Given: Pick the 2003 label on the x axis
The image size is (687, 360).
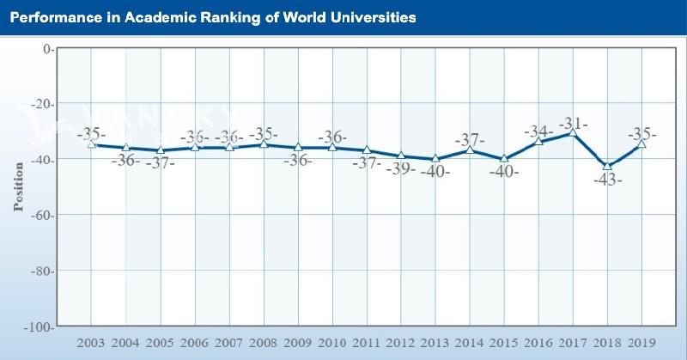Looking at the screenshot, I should click(91, 343).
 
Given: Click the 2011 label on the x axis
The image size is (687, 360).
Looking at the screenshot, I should click(367, 343).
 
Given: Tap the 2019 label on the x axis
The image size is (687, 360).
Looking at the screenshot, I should click(641, 343).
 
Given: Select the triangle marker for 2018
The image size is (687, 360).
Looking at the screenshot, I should click(607, 167).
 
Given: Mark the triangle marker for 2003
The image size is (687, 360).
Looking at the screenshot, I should click(91, 144).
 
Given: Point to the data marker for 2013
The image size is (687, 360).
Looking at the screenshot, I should click(435, 159).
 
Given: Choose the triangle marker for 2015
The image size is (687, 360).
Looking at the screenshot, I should click(504, 159).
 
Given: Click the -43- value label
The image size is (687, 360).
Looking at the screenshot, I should click(607, 181).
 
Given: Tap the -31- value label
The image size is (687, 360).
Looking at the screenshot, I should click(573, 124).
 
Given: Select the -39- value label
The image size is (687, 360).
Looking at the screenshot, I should click(401, 168).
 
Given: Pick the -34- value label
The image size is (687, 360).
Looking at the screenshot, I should click(538, 131).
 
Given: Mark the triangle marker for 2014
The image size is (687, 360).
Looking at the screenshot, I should click(470, 150).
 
